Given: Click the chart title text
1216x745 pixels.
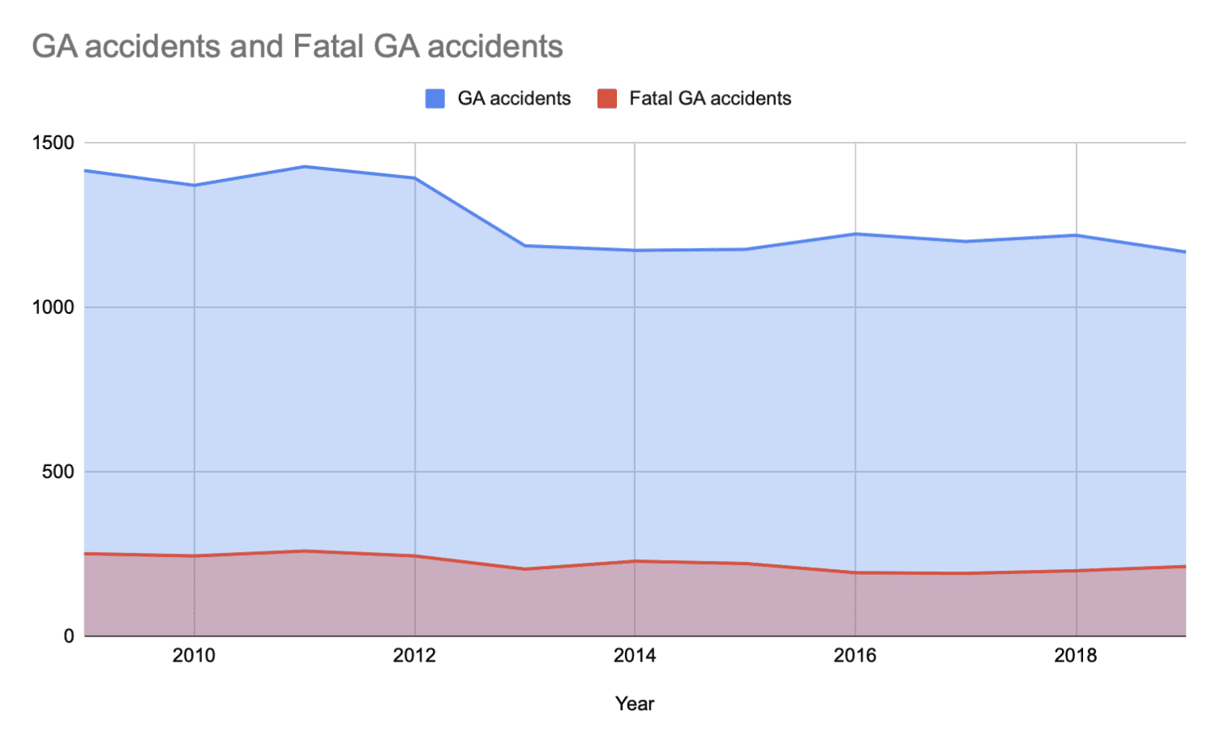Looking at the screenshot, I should point(298,46).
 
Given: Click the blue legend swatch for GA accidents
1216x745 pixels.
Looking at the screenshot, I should point(435,99).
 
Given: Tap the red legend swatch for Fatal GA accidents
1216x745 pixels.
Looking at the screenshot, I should point(607,99).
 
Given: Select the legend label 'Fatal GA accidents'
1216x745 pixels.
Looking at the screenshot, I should point(710,99).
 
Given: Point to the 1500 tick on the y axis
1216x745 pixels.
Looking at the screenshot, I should point(53,143).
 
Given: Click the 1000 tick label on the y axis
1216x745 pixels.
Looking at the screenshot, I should point(53,307).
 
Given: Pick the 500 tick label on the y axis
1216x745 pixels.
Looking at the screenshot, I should point(58,472).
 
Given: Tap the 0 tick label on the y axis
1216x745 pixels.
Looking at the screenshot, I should point(69,636).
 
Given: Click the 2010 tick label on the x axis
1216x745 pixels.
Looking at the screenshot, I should point(194,656).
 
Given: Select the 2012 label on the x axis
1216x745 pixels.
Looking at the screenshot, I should point(414,656).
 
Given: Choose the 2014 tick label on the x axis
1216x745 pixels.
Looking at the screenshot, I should point(635,656).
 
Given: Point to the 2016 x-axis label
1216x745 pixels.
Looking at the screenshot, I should point(855,656).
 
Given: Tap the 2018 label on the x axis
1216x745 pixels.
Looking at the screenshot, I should point(1076,656).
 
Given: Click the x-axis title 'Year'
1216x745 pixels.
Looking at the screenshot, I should point(635,704).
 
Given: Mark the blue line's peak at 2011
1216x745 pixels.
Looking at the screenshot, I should point(304,167).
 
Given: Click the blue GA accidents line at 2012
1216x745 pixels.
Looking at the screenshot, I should point(414,178).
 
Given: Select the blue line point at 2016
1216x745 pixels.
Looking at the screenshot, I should point(855,234).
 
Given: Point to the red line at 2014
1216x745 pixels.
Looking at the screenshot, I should point(635,561).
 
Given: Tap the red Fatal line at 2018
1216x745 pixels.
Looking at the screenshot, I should point(1076,571).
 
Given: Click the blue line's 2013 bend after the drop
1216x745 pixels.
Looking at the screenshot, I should point(525,246).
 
